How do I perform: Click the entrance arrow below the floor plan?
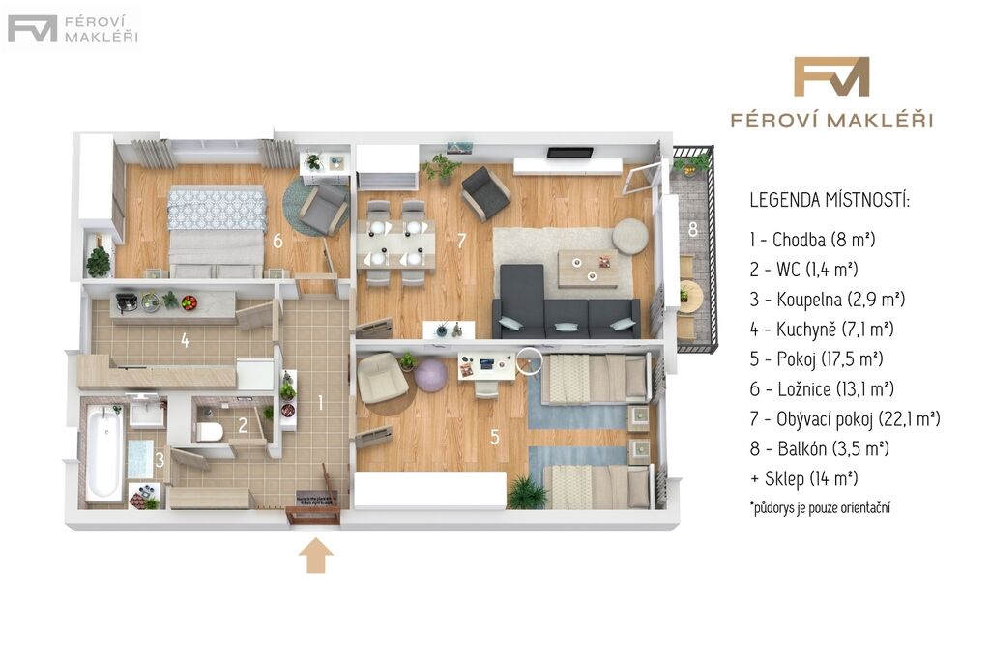click(x=316, y=555)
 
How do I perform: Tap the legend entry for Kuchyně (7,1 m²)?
click(x=822, y=329)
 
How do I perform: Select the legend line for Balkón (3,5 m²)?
click(x=819, y=448)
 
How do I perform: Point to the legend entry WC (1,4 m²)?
click(x=803, y=270)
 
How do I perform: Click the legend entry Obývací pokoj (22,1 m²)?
click(x=845, y=419)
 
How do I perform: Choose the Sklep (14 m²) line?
click(x=803, y=478)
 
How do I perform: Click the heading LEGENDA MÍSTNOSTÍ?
click(x=830, y=201)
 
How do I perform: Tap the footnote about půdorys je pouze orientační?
click(x=820, y=508)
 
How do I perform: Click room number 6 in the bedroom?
click(x=277, y=241)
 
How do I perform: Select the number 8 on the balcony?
click(x=692, y=229)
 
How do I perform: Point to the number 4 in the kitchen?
click(x=185, y=340)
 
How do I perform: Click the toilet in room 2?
click(x=209, y=432)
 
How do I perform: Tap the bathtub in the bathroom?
click(x=104, y=452)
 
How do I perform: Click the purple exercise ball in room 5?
click(x=430, y=375)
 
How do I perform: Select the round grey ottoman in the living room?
click(x=630, y=236)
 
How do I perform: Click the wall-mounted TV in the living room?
click(x=570, y=152)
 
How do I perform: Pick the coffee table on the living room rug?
click(x=588, y=269)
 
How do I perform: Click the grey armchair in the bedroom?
click(x=323, y=207)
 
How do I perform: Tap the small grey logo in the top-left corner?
click(x=72, y=29)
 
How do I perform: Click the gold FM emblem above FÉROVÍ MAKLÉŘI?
click(x=830, y=77)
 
